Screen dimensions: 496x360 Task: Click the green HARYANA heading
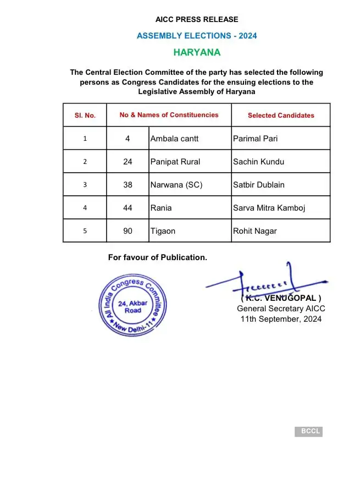(197, 53)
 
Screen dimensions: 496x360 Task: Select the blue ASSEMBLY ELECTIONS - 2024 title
(197, 36)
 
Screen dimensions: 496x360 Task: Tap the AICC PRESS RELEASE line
(197, 19)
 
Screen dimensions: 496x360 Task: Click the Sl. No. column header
(85, 115)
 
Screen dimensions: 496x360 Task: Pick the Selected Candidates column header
(281, 115)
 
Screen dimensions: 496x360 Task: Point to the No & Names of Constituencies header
(169, 115)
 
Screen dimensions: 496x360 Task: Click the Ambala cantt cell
(174, 139)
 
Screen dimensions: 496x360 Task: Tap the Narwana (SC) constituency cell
(176, 185)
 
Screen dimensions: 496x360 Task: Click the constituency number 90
(128, 231)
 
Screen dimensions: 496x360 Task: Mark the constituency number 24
(128, 162)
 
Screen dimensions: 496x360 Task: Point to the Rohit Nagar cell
(255, 231)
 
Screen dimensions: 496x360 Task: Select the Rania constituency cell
(160, 208)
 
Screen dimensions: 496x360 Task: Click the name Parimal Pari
(256, 139)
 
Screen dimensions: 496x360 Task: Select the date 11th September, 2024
(281, 319)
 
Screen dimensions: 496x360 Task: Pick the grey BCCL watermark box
(308, 432)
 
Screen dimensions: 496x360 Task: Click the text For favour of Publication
(158, 257)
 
